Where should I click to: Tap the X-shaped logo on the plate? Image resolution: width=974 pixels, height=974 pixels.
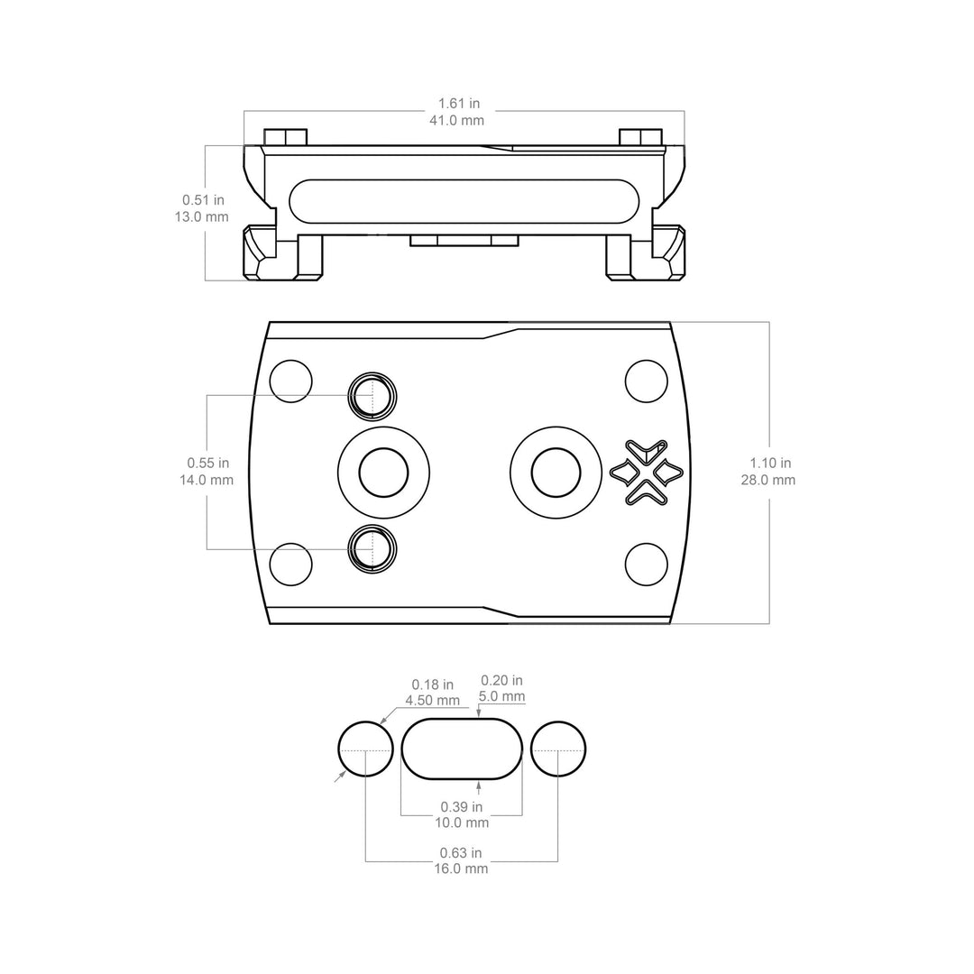(x=647, y=472)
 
